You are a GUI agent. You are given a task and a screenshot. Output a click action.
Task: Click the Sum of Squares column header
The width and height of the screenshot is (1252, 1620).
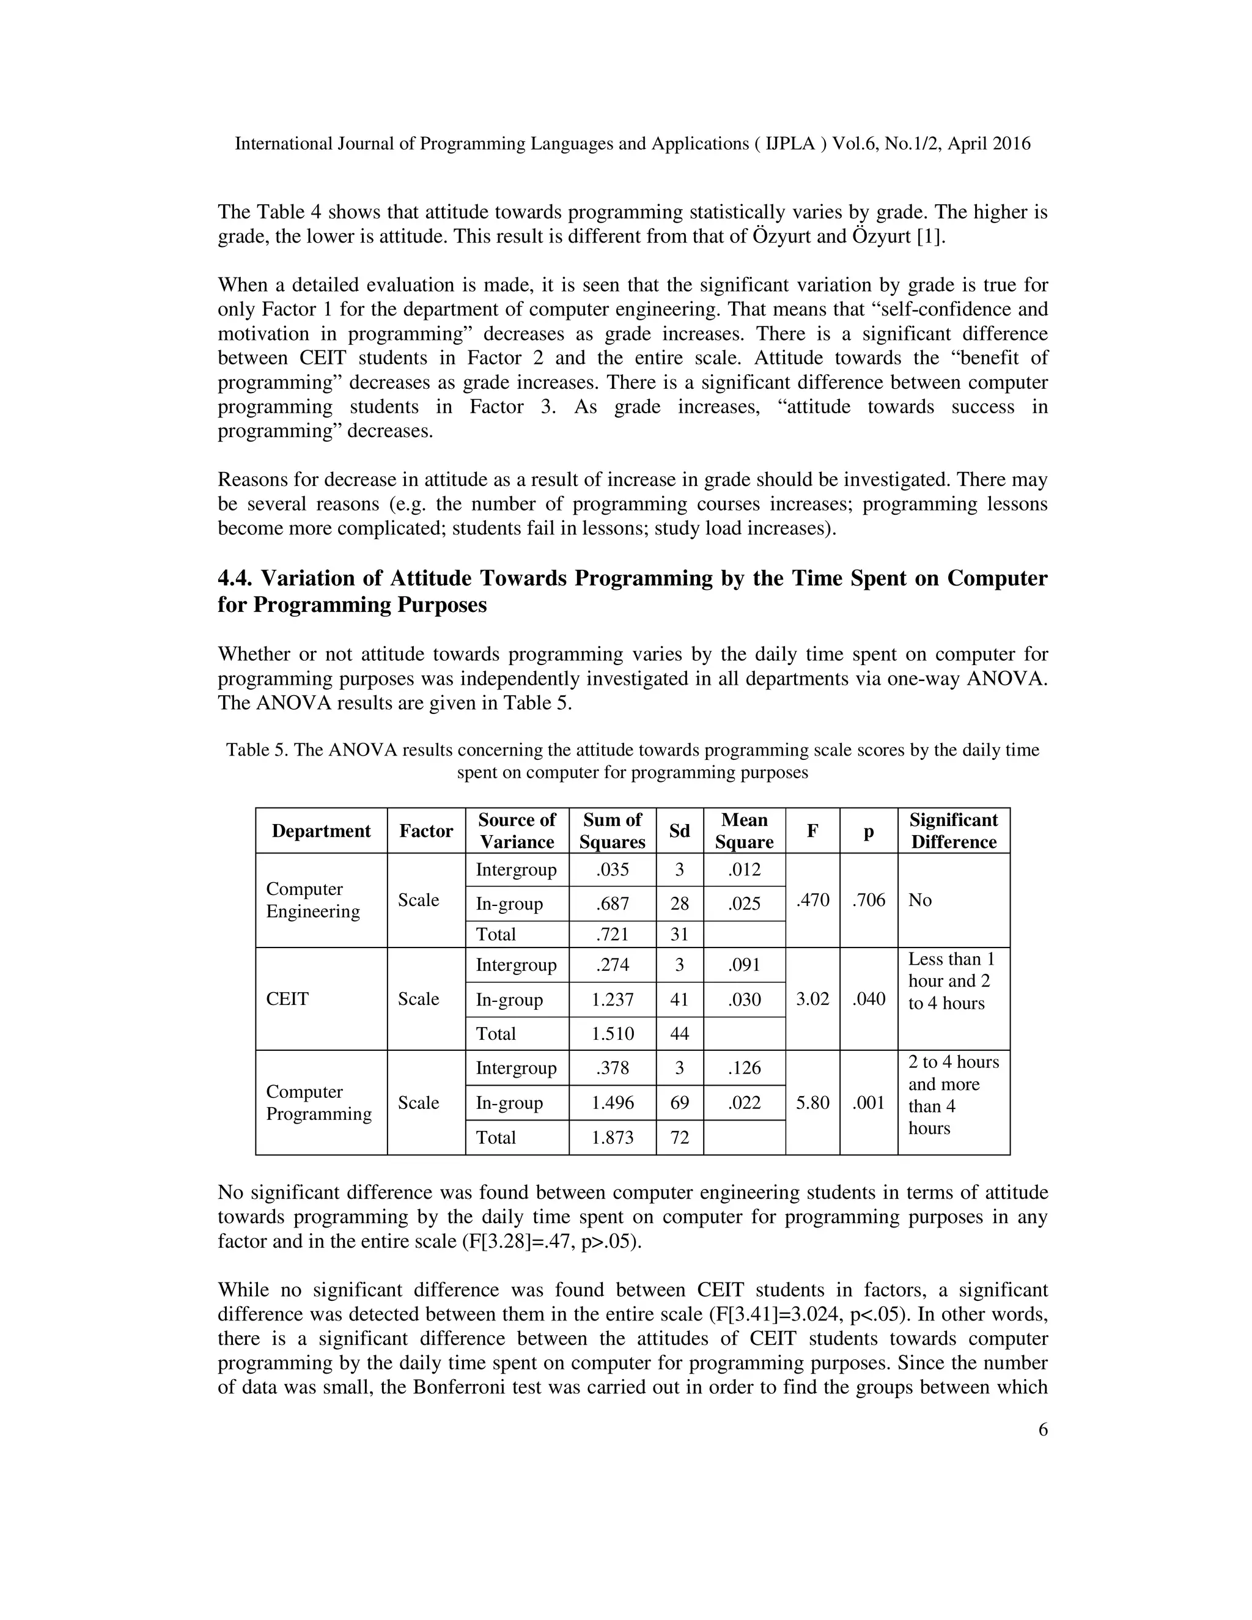612,831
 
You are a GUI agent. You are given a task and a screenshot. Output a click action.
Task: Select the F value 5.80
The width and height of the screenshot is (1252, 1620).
812,1102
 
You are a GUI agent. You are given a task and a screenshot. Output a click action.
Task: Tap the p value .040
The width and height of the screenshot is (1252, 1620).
869,998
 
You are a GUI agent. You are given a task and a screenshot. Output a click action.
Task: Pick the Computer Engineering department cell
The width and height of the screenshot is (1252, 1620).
313,900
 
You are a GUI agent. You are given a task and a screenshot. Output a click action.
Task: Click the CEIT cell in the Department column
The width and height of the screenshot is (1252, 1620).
287,998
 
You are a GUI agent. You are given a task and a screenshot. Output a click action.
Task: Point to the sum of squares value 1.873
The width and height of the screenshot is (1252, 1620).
612,1137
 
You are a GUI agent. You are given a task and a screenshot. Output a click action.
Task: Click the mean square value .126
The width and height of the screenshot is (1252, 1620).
744,1067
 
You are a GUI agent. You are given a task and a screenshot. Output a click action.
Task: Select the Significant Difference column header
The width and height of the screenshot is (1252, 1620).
953,831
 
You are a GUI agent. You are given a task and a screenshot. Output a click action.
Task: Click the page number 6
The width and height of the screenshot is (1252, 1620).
1043,1429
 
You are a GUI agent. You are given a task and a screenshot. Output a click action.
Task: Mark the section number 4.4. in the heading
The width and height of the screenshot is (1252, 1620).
235,578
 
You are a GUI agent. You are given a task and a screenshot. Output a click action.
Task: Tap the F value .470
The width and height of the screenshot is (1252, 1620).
812,900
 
